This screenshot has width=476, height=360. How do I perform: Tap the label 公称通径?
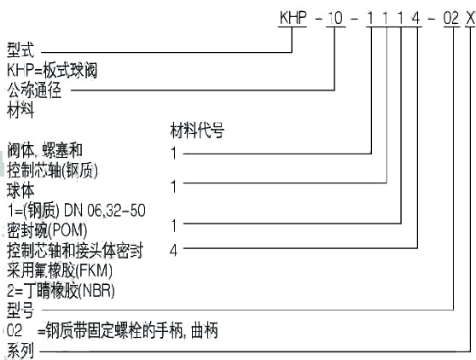pos(34,89)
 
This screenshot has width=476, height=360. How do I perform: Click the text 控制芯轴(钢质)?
pos(52,168)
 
